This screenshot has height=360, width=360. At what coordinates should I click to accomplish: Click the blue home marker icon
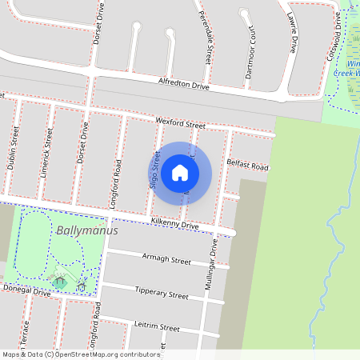click(x=180, y=173)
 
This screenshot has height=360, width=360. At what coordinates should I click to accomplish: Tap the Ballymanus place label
click(x=87, y=230)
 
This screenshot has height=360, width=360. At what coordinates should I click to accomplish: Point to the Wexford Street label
click(x=181, y=122)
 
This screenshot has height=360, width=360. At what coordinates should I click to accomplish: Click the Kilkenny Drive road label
click(x=174, y=226)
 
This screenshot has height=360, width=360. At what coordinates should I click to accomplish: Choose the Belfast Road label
click(x=247, y=165)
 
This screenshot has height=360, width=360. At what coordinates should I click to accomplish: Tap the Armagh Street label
click(x=166, y=260)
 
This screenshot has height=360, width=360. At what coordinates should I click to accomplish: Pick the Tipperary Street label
click(x=162, y=294)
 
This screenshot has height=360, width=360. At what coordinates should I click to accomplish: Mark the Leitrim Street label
click(x=158, y=326)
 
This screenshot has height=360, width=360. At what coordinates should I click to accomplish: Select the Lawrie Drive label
click(x=293, y=34)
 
